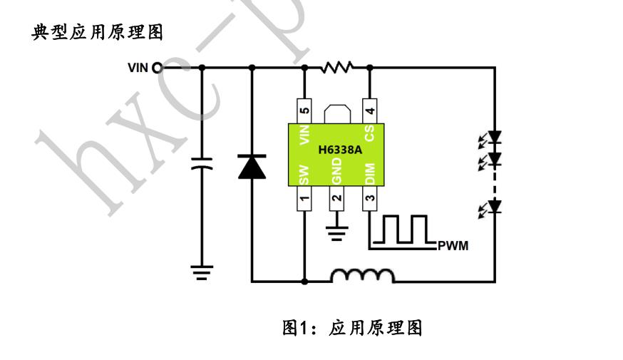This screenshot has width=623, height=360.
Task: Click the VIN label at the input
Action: coord(138,68)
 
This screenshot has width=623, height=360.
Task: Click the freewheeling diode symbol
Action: coord(251,167)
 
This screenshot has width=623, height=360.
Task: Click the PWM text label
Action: coord(453,247)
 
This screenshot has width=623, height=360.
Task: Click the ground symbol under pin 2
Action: coord(336,231)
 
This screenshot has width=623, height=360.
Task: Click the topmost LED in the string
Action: coord(495,136)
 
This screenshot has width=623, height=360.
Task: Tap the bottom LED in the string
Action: coord(495,207)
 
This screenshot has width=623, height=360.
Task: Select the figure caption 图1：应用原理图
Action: coord(353,328)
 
